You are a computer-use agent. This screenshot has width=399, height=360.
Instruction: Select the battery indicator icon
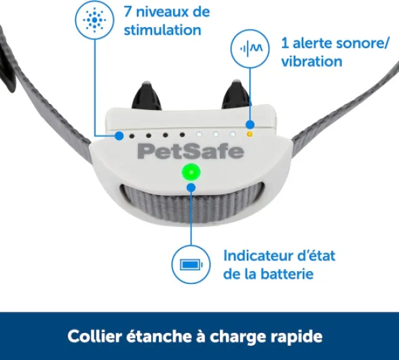[x=191, y=265]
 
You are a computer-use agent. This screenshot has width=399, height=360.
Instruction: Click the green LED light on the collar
[x=191, y=174]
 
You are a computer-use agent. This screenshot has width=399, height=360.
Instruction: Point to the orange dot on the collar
[x=250, y=134]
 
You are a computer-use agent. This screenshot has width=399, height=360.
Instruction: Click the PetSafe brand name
[x=191, y=151]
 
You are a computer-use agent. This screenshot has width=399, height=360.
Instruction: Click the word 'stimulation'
[x=162, y=30]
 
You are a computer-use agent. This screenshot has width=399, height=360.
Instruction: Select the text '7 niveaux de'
[x=166, y=12]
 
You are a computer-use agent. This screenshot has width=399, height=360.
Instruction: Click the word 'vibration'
[x=312, y=61]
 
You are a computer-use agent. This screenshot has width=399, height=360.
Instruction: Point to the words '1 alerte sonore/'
[x=336, y=43]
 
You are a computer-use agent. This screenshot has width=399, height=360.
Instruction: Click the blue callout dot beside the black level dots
[x=120, y=134]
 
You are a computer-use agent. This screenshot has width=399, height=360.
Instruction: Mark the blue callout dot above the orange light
[x=250, y=124]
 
